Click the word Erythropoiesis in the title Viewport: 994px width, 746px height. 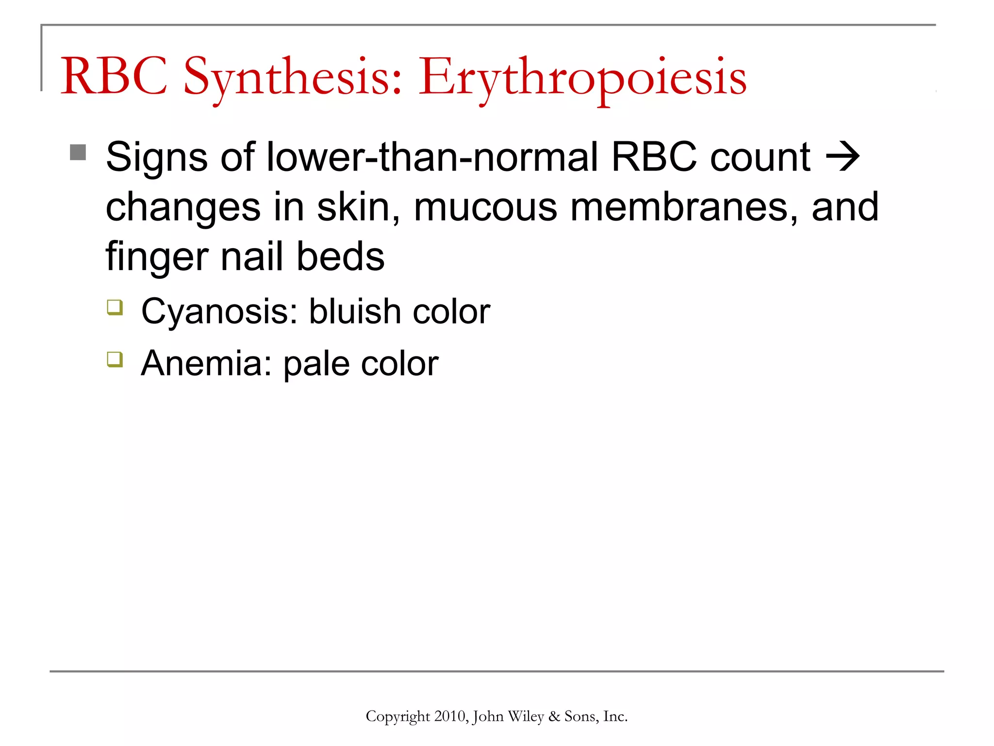tap(582, 78)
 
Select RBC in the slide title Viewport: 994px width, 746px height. tap(114, 77)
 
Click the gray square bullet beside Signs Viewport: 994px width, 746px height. tap(78, 153)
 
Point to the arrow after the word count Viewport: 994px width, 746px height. tap(843, 157)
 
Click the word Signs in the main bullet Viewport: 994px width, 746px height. tap(157, 158)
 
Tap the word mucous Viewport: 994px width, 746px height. tap(485, 207)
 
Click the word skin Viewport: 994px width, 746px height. tap(359, 207)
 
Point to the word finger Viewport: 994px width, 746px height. tap(157, 257)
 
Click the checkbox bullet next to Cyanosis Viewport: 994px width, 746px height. tap(115, 307)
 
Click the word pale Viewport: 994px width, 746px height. tap(316, 364)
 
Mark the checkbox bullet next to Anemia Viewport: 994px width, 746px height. tap(115, 359)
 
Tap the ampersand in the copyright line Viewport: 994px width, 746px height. tap(554, 716)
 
